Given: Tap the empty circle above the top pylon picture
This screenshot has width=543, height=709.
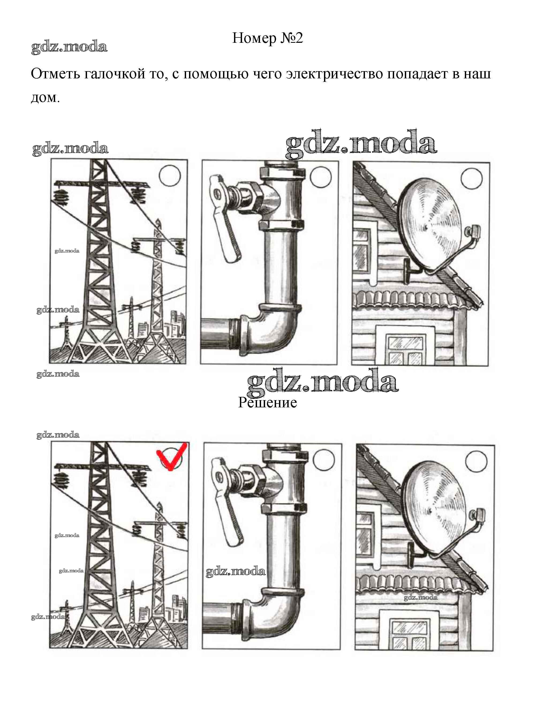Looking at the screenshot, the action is click(x=170, y=176).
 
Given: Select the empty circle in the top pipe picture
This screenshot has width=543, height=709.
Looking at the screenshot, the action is click(x=320, y=177).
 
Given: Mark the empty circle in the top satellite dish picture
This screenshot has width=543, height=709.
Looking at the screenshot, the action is click(x=472, y=178).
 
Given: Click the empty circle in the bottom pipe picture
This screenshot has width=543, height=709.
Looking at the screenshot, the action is click(x=324, y=460).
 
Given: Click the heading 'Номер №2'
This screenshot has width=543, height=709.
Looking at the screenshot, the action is click(x=268, y=38).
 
